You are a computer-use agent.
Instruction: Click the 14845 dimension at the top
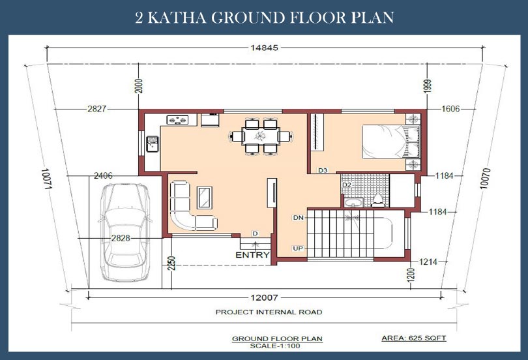tap(265, 48)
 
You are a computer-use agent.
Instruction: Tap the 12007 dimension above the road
tap(265, 297)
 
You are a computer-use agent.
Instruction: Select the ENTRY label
tap(252, 255)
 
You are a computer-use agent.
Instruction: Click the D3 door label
tap(323, 170)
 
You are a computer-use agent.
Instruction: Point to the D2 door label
tap(347, 185)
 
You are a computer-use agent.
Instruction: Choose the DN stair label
tap(299, 218)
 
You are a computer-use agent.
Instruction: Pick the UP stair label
tap(298, 248)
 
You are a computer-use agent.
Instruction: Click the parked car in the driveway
tap(125, 232)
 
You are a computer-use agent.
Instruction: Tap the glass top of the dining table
tap(261, 136)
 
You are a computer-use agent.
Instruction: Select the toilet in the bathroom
tap(378, 200)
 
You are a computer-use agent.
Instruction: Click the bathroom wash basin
tap(353, 202)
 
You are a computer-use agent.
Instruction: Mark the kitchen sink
tap(152, 143)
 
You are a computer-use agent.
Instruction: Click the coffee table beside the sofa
tap(205, 198)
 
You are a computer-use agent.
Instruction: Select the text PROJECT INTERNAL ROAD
tap(269, 312)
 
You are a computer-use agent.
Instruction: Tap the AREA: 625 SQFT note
tap(414, 338)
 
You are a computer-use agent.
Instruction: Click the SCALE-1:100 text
tap(275, 346)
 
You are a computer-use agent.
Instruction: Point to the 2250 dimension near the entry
tap(171, 263)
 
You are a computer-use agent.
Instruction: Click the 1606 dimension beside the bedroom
tap(450, 109)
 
